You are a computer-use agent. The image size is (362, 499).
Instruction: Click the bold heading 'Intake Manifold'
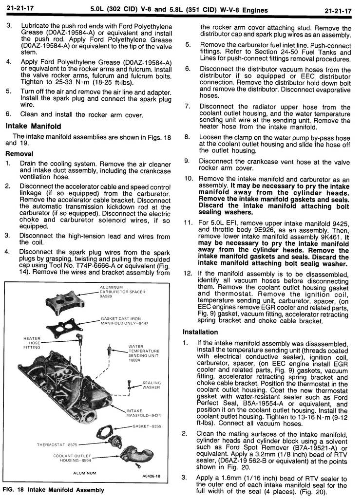(x=33, y=126)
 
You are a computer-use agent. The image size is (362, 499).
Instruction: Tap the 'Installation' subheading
(x=200, y=332)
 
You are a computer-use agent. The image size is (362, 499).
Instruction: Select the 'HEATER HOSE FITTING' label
(x=32, y=343)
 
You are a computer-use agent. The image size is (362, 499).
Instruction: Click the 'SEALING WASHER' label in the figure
(x=152, y=385)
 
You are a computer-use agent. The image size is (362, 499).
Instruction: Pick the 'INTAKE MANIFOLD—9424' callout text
(x=143, y=413)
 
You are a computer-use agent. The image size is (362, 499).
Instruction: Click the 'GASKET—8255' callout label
(x=146, y=426)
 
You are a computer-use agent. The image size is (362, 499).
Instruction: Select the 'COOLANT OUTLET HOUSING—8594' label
(x=73, y=458)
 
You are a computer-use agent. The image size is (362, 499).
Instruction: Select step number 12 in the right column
(x=188, y=273)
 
